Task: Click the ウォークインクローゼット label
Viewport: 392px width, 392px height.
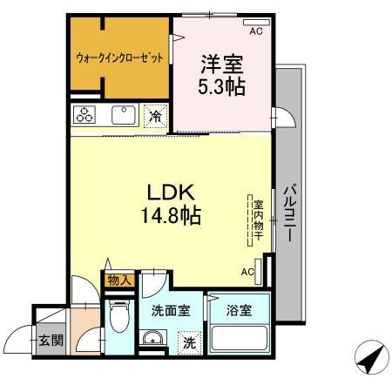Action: click(119, 58)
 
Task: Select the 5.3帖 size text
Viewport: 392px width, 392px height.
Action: click(223, 86)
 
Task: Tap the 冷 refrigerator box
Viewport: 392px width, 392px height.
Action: click(156, 116)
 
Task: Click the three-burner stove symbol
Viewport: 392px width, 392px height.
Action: click(85, 116)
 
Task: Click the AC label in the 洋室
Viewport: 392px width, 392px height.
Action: click(256, 31)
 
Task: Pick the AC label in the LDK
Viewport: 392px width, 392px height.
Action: click(247, 271)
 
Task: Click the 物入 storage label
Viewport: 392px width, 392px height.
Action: click(118, 280)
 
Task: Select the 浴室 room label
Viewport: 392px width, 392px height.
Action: click(238, 309)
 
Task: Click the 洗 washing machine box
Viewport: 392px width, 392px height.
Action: click(189, 343)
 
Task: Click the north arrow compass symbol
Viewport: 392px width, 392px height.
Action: click(367, 355)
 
